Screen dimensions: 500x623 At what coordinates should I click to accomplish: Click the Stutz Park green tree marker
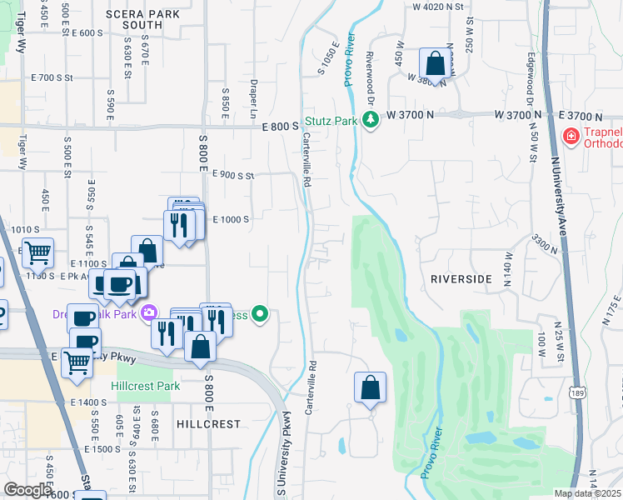371,121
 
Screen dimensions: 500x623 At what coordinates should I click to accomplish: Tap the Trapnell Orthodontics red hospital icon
571,136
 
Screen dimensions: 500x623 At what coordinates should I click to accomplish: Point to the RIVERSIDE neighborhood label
461,280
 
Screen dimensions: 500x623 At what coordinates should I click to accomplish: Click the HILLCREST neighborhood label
208,423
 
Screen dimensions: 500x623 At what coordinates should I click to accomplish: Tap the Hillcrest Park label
146,387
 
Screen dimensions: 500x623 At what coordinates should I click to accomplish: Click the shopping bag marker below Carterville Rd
370,387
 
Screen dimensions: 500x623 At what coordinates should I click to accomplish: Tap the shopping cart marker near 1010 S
37,252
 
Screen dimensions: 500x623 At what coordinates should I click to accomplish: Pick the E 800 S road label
280,127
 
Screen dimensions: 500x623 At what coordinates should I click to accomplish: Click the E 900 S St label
232,175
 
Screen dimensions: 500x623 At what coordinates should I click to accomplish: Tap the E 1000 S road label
232,219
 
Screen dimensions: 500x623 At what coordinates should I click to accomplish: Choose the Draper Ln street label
253,98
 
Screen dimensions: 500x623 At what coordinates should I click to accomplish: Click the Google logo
28,490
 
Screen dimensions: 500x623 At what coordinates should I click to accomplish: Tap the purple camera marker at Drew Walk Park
149,313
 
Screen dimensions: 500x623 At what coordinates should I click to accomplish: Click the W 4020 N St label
437,7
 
